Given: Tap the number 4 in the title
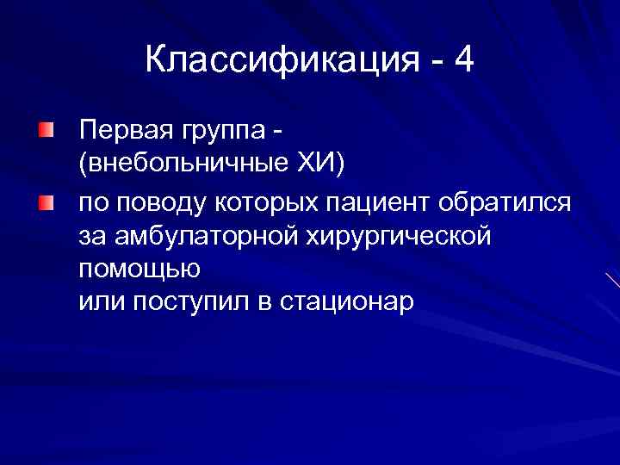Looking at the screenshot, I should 463,61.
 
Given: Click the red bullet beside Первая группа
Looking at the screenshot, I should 45,132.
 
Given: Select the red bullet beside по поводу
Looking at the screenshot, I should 45,203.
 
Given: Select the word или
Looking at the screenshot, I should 97,302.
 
